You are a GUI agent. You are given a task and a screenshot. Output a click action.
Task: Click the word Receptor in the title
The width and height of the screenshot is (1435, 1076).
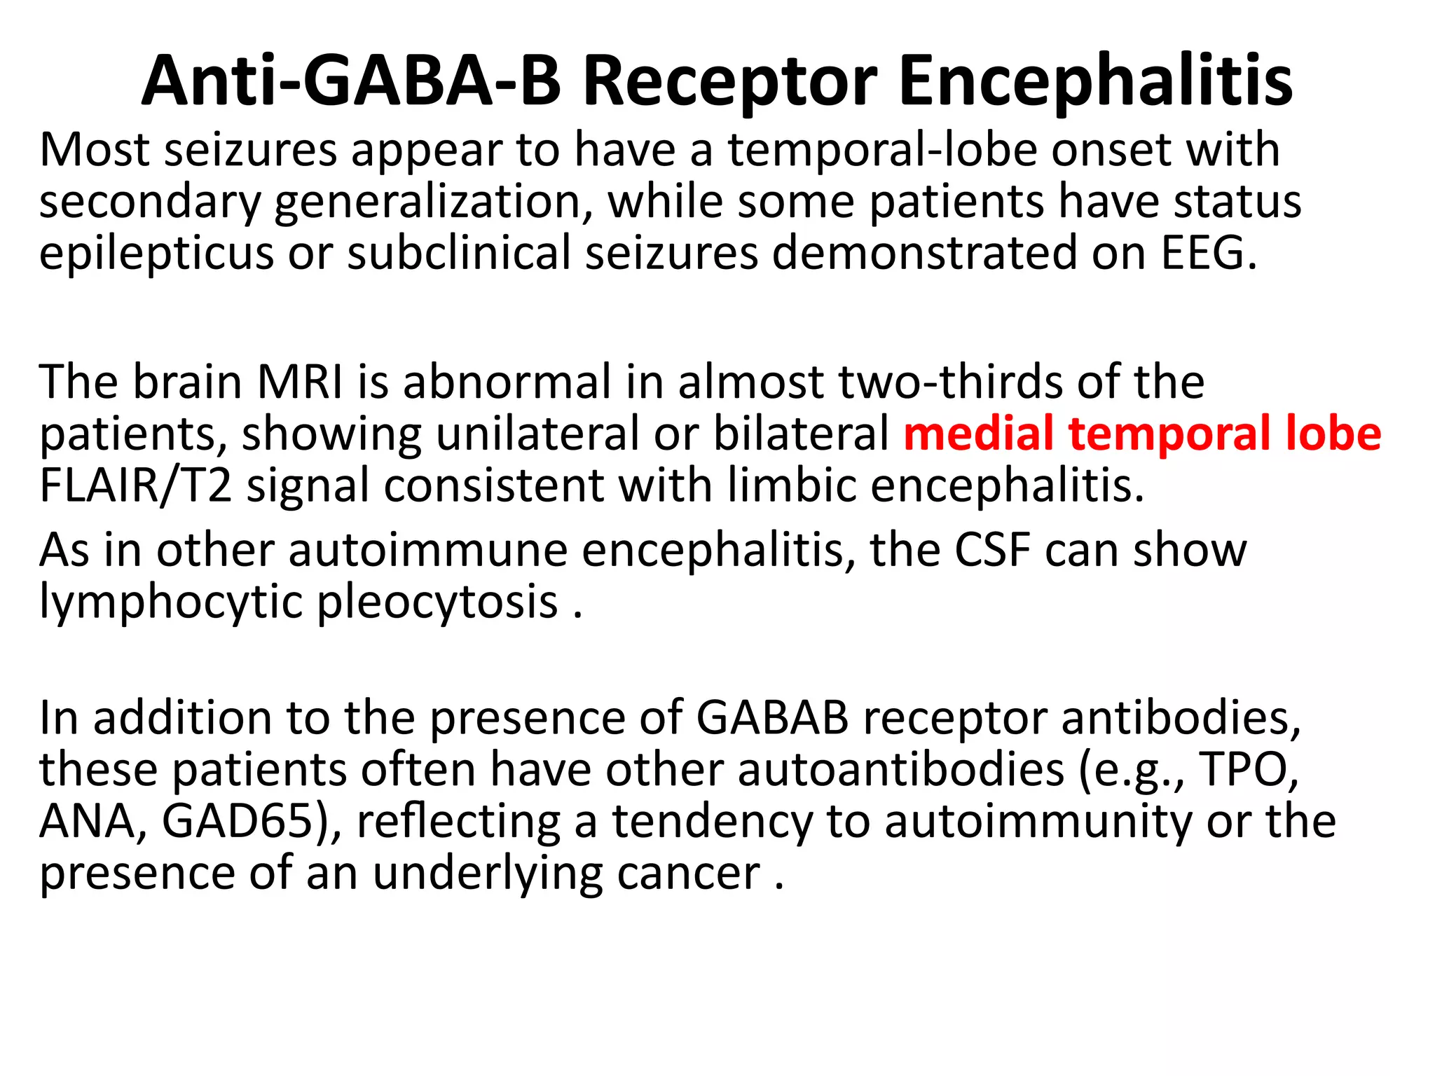click(729, 82)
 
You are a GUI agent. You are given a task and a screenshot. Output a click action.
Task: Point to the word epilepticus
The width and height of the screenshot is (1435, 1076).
click(156, 254)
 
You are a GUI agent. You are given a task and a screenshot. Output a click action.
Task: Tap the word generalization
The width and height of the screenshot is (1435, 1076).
click(427, 203)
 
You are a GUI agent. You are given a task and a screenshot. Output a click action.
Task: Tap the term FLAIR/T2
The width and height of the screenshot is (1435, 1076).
click(135, 485)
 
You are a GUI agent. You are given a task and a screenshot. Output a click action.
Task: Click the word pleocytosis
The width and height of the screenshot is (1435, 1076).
click(438, 602)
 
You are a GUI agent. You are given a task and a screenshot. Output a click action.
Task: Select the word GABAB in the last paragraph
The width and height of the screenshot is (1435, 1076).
click(772, 719)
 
